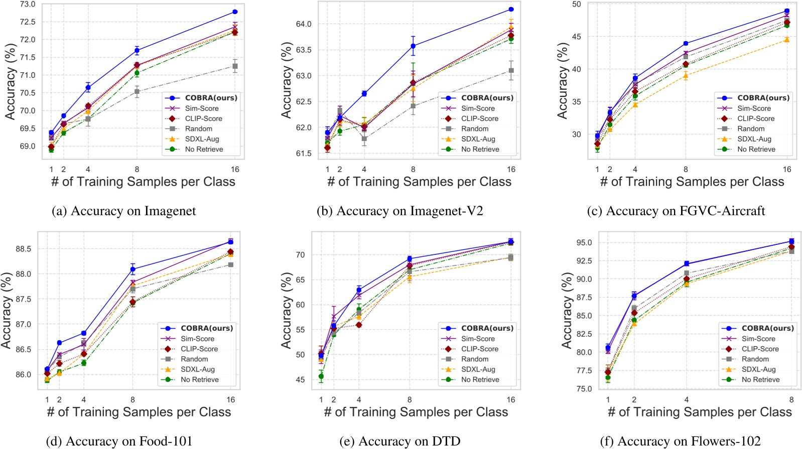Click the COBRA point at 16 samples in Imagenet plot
click(x=235, y=12)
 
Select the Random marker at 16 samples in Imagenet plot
click(x=235, y=66)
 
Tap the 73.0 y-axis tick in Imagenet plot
click(x=27, y=5)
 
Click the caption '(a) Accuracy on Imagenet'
click(x=124, y=211)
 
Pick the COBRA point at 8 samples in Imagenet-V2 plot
click(x=413, y=46)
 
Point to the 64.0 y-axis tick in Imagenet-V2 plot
click(x=304, y=24)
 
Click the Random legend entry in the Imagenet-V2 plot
click(x=474, y=129)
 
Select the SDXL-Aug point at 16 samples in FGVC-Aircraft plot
click(x=786, y=40)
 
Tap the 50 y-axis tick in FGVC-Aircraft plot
click(x=576, y=5)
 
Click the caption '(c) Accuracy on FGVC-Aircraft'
click(x=676, y=211)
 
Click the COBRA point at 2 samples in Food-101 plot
click(x=59, y=343)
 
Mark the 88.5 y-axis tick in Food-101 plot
click(x=23, y=249)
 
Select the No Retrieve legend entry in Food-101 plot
click(x=199, y=380)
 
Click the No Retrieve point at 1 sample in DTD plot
click(x=321, y=376)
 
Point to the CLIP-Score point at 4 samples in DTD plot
click(x=359, y=325)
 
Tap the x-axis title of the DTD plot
click(x=416, y=412)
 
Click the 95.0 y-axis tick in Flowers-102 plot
click(x=583, y=243)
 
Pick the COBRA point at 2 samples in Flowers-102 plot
click(x=634, y=296)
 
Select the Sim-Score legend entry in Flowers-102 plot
click(x=758, y=339)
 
